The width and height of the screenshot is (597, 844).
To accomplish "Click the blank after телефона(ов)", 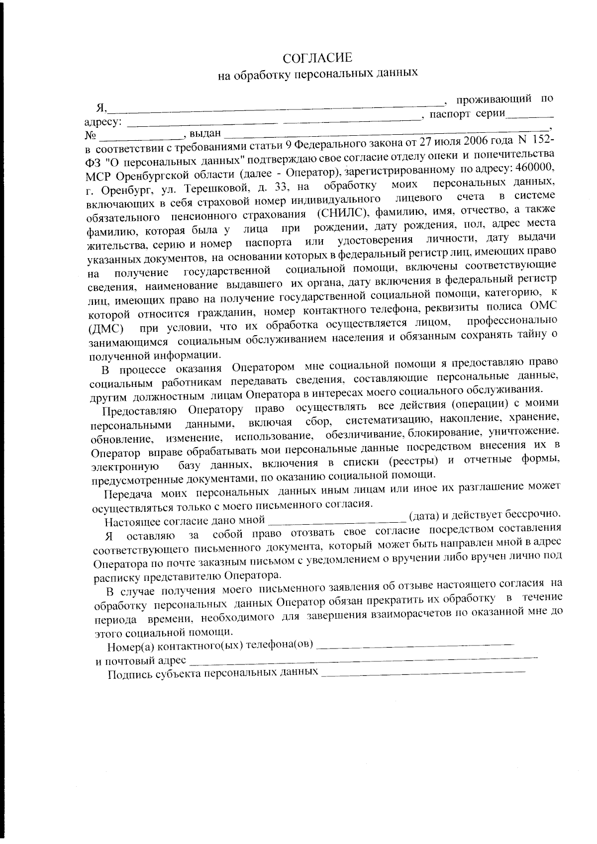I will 415,645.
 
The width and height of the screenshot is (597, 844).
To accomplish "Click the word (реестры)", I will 413,460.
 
